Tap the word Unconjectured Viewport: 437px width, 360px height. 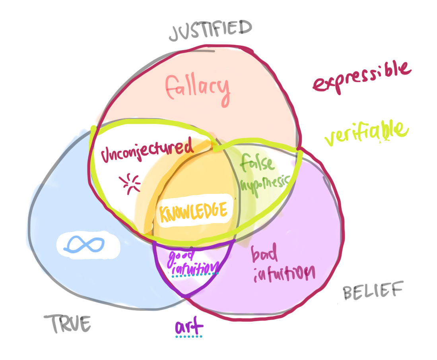point(147,151)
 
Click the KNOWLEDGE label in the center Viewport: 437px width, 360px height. point(193,211)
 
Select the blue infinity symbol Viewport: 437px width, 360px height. point(84,244)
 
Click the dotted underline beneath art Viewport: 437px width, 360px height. point(189,337)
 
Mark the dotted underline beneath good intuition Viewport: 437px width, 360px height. point(194,274)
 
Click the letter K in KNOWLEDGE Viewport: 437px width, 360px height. point(164,213)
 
